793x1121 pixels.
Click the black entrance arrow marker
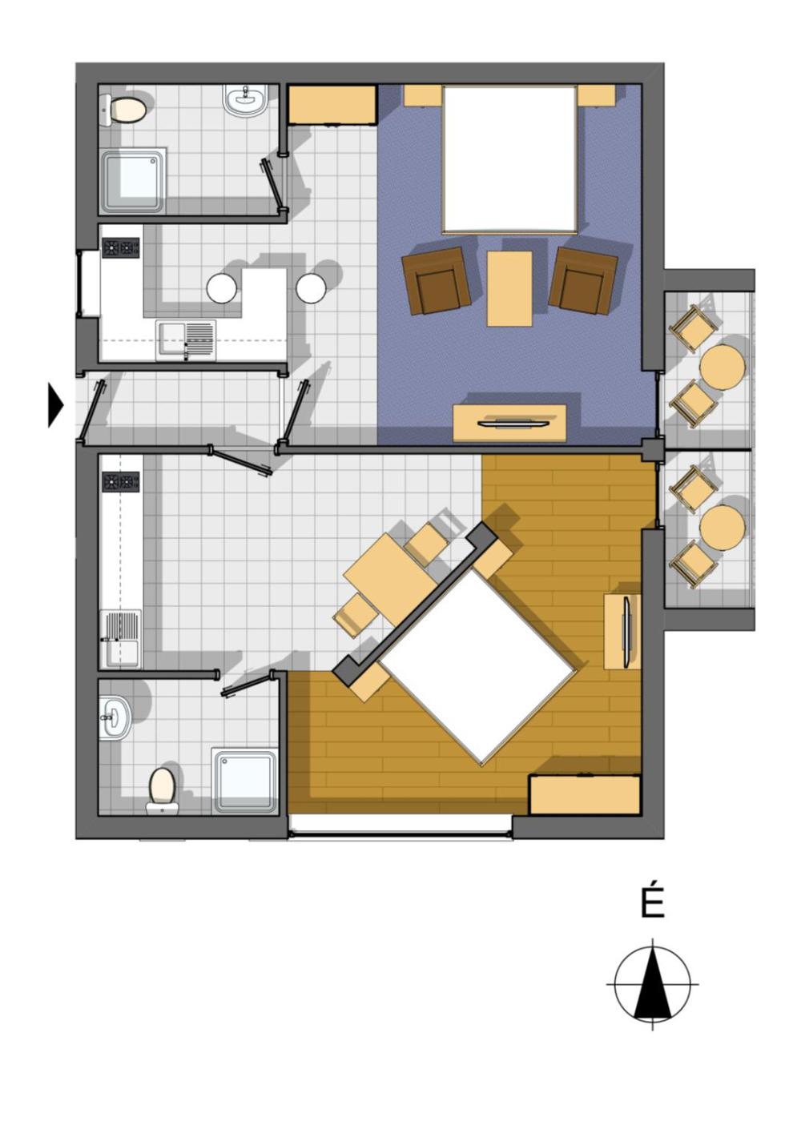[x=55, y=405]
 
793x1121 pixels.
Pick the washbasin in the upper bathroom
[x=245, y=99]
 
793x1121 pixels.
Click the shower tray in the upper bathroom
[x=134, y=180]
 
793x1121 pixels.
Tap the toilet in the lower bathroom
[x=162, y=793]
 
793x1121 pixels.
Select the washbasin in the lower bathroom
[x=115, y=717]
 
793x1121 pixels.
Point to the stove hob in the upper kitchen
[x=121, y=247]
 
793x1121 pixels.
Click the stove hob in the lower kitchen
[x=121, y=481]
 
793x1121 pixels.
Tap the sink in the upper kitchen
[x=186, y=340]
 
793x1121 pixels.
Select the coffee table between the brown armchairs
[x=509, y=289]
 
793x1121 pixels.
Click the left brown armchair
[x=436, y=280]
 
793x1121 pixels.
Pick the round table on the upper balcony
[x=722, y=367]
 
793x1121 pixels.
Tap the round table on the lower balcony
[x=722, y=528]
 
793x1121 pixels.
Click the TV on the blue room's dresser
[x=515, y=424]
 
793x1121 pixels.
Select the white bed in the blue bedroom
[x=509, y=159]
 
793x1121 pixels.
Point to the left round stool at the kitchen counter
[x=221, y=287]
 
